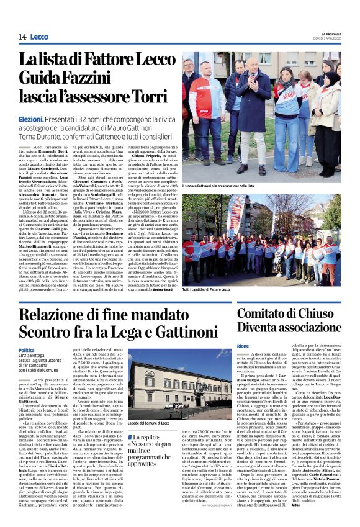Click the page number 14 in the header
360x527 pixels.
tap(22, 37)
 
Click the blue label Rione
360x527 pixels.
tap(243, 345)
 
